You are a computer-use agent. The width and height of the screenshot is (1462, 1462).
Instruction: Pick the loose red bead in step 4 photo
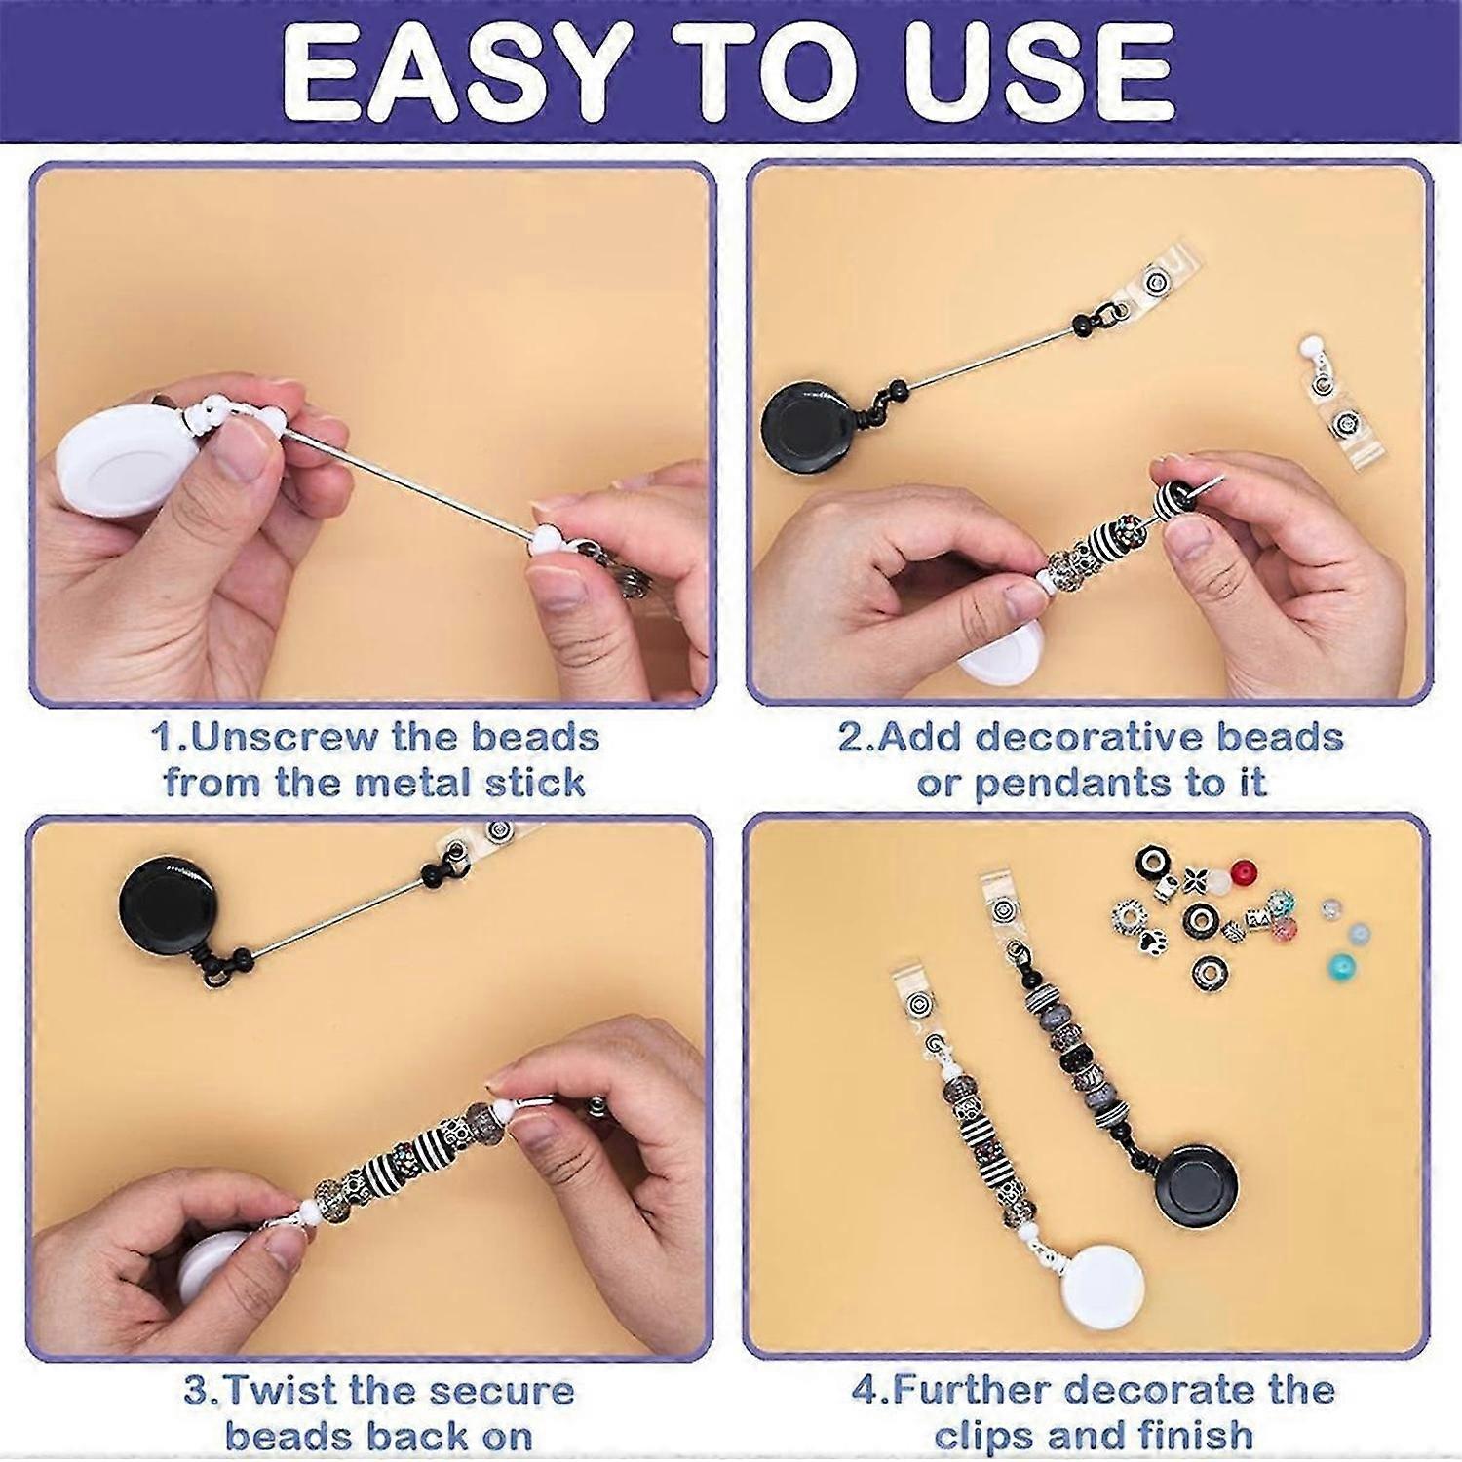[x=1243, y=872]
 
